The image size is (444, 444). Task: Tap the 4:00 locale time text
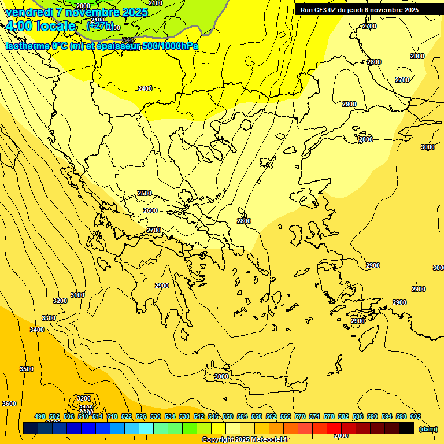click(x=40, y=26)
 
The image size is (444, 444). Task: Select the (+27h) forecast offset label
click(x=100, y=26)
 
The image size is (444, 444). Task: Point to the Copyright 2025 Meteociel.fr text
click(x=245, y=440)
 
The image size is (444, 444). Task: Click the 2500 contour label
click(x=145, y=193)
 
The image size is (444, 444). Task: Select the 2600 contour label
click(x=150, y=210)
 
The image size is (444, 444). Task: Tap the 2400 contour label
click(x=145, y=88)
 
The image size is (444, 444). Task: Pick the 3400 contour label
click(x=37, y=330)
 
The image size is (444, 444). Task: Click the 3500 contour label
click(x=27, y=369)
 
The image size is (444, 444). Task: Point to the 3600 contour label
click(x=9, y=404)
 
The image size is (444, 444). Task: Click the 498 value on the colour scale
click(x=40, y=416)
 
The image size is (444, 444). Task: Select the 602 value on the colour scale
click(x=416, y=416)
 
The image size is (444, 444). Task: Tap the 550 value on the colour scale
click(x=228, y=416)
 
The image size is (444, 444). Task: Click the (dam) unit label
click(x=428, y=428)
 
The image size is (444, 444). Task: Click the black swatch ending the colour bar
click(x=406, y=428)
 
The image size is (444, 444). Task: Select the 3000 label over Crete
click(x=221, y=376)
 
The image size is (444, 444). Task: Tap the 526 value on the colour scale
click(x=141, y=416)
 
